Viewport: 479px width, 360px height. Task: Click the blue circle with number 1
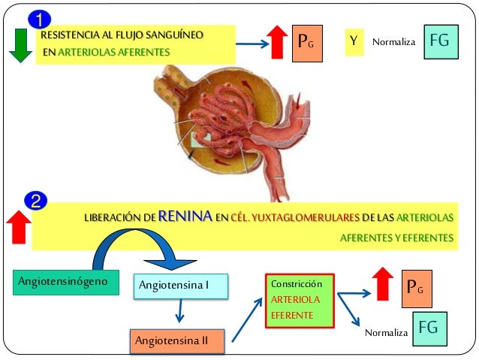[40, 17]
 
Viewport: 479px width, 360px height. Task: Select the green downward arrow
[20, 46]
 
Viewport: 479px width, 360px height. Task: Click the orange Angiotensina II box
[176, 341]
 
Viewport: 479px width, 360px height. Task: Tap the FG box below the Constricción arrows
[427, 328]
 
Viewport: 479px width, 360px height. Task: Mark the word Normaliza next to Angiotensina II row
[386, 331]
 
